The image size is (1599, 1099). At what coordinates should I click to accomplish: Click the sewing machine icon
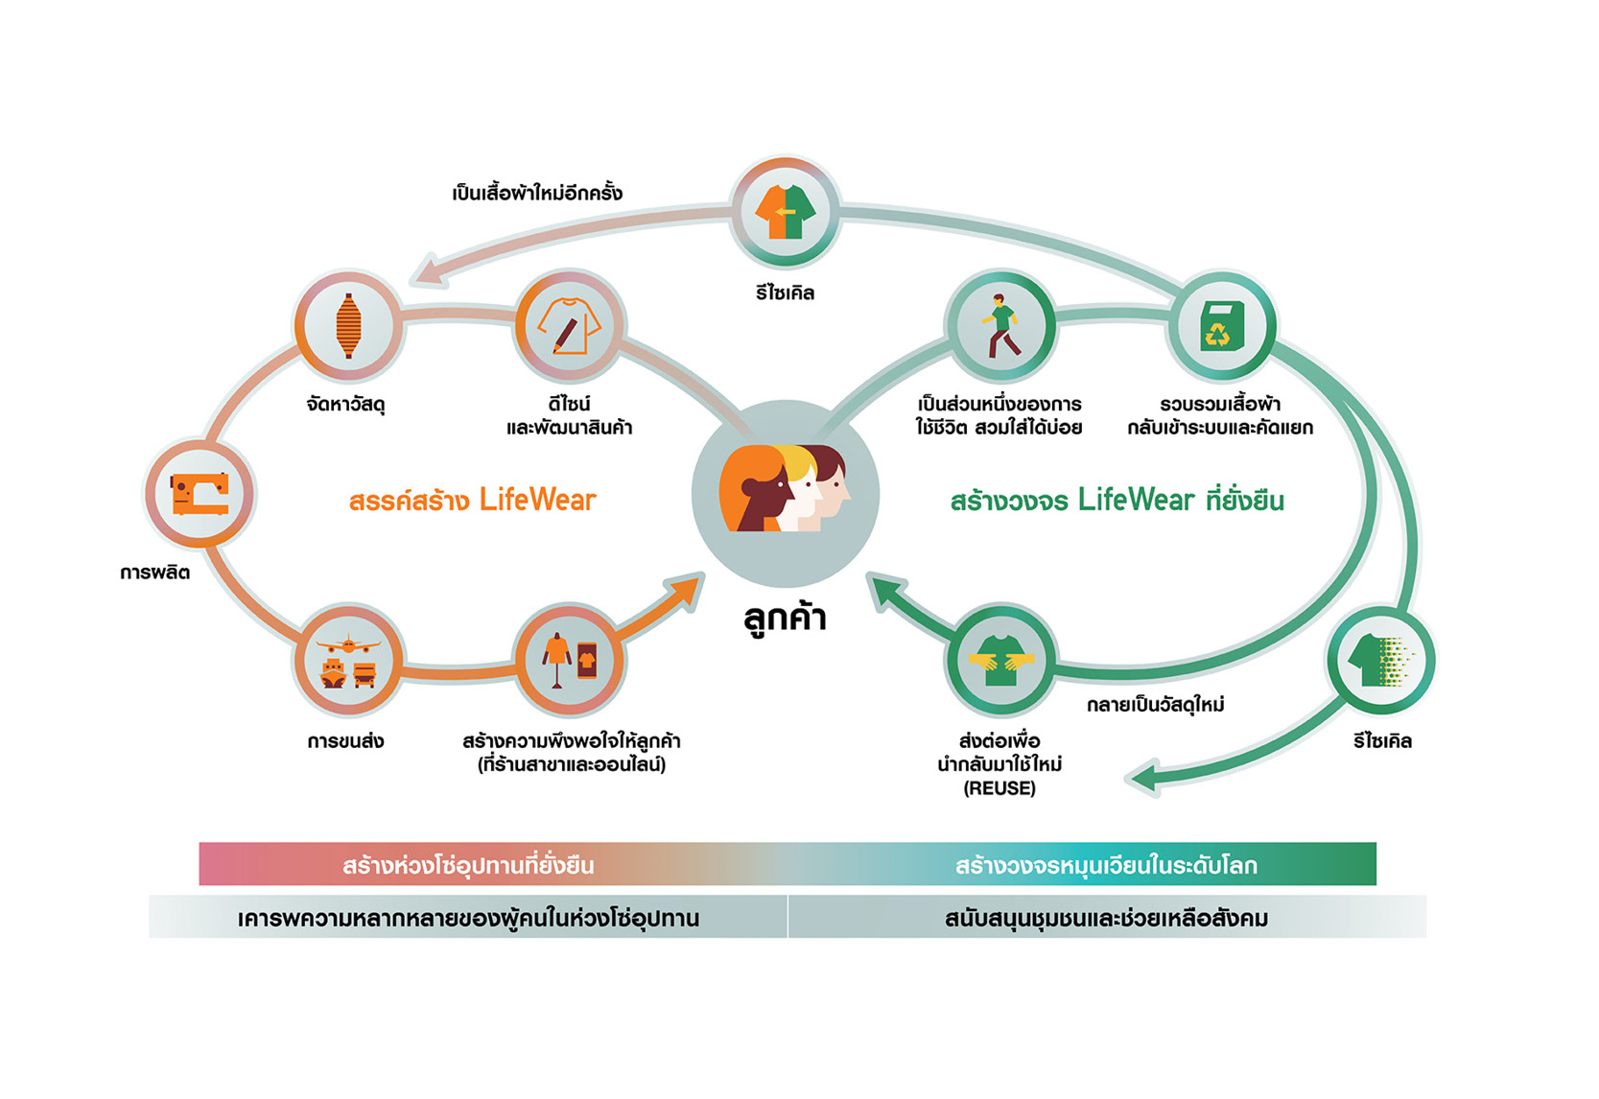pos(200,494)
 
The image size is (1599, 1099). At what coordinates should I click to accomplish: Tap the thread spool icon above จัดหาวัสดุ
pos(348,326)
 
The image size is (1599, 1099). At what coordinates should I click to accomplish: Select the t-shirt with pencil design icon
pos(570,326)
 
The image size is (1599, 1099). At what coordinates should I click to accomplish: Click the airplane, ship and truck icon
pos(348,661)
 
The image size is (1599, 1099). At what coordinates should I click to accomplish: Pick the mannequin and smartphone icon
pos(570,661)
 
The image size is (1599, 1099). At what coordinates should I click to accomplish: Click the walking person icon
pos(1000,326)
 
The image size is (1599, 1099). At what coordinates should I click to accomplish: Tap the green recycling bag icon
pos(1221,326)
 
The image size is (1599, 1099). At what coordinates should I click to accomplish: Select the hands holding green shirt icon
pos(1000,661)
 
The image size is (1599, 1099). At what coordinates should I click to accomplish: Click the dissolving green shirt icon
pos(1381,661)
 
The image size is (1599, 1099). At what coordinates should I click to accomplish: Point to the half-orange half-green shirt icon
pos(786,212)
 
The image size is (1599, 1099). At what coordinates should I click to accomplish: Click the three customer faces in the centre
pos(786,490)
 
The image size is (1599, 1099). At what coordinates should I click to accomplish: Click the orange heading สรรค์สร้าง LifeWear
pos(472,501)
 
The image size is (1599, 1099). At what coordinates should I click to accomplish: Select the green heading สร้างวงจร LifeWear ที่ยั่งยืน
pos(1117,501)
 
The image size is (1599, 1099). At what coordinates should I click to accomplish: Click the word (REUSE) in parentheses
pos(999,788)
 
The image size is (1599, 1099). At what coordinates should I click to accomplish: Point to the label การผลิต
pos(154,573)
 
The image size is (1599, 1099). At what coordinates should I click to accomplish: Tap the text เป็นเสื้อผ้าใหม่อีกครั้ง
pos(537,193)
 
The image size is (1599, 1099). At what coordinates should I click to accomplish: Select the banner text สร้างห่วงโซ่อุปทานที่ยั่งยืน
pos(468,865)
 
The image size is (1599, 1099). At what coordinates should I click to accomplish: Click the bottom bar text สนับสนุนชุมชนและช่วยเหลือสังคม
pos(1106,919)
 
